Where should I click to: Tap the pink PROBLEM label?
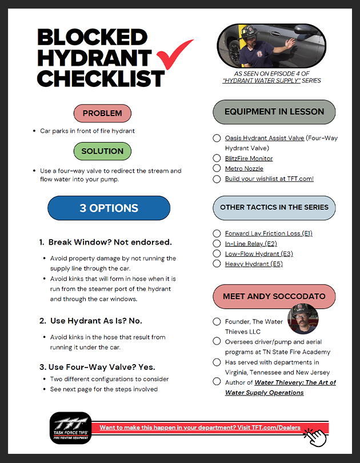102,113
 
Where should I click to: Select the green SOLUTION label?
102,151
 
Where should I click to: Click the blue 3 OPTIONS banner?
109,208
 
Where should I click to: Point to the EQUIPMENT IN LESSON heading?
274,111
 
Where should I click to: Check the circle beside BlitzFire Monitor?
217,158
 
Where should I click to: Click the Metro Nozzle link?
244,169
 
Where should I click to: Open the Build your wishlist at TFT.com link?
269,179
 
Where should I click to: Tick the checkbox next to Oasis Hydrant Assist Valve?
217,138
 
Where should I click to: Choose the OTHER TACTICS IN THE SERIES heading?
274,207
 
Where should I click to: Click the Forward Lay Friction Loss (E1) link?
269,233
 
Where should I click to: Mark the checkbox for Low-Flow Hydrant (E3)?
217,254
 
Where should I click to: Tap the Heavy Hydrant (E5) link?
254,264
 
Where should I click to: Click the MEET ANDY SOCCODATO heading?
274,297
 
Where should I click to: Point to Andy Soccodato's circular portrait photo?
302,318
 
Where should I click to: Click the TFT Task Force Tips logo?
70,428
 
